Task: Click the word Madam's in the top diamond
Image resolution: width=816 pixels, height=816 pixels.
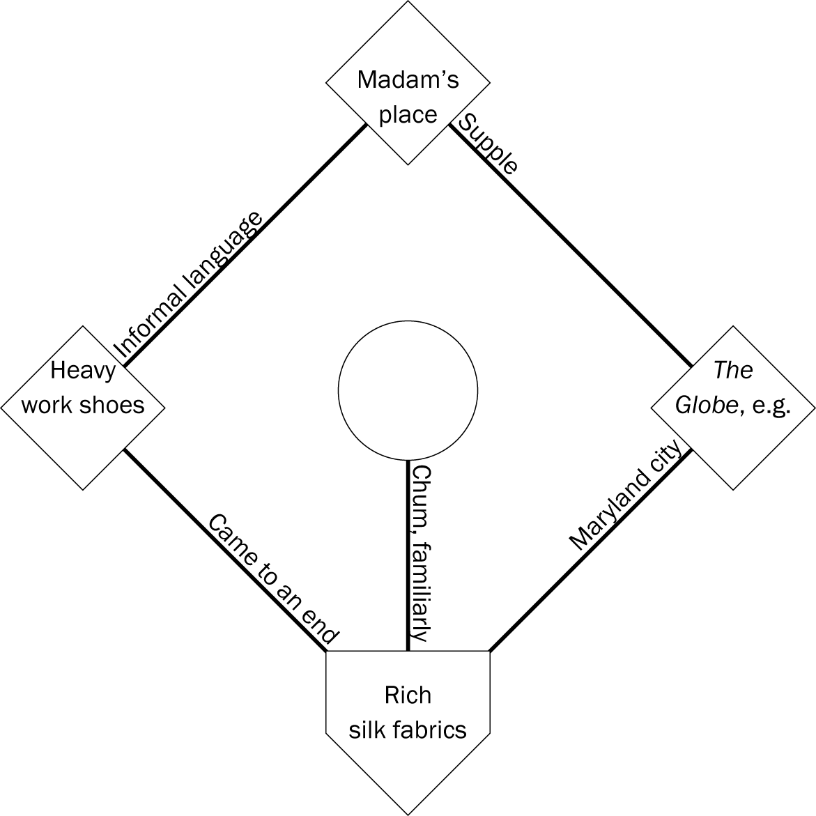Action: pyautogui.click(x=408, y=79)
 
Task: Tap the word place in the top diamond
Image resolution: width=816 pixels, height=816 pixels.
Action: pyautogui.click(x=408, y=114)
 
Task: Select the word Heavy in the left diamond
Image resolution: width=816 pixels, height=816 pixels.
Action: pyautogui.click(x=82, y=370)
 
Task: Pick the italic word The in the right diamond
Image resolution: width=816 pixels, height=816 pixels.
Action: pyautogui.click(x=732, y=370)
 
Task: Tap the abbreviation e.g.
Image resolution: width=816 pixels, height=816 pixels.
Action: pyautogui.click(x=769, y=405)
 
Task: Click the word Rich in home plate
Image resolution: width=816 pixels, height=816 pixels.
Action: pyautogui.click(x=408, y=695)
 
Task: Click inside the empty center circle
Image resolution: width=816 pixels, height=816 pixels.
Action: pyautogui.click(x=408, y=391)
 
